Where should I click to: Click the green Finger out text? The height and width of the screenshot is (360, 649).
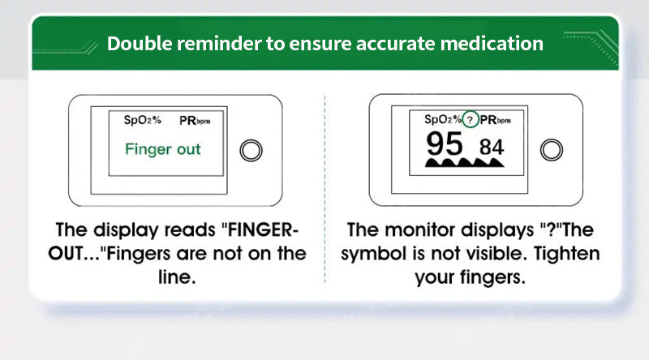(162, 149)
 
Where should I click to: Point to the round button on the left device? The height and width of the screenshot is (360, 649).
(251, 150)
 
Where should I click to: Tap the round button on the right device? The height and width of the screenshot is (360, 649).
(552, 150)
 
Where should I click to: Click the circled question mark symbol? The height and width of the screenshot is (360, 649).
(471, 120)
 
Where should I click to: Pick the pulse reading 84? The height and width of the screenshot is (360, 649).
(492, 148)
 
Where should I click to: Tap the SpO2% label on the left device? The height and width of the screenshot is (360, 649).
(143, 120)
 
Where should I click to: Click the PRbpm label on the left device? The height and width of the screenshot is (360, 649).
(199, 120)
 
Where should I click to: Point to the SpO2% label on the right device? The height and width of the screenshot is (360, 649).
(443, 119)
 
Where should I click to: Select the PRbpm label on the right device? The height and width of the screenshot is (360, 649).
(500, 120)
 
